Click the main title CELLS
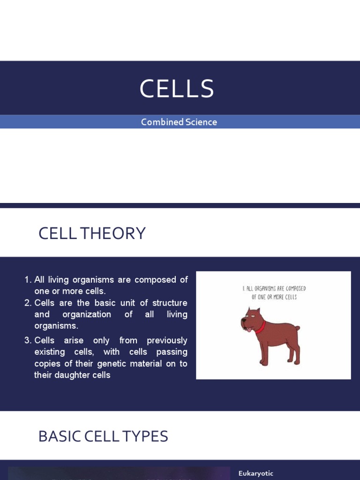click(x=177, y=89)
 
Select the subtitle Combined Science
click(x=179, y=122)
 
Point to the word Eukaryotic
click(x=255, y=473)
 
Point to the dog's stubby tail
click(x=296, y=329)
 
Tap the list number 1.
click(x=27, y=280)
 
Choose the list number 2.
click(x=27, y=303)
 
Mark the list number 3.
click(x=27, y=340)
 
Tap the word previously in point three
click(x=167, y=340)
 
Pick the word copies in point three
click(x=47, y=363)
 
